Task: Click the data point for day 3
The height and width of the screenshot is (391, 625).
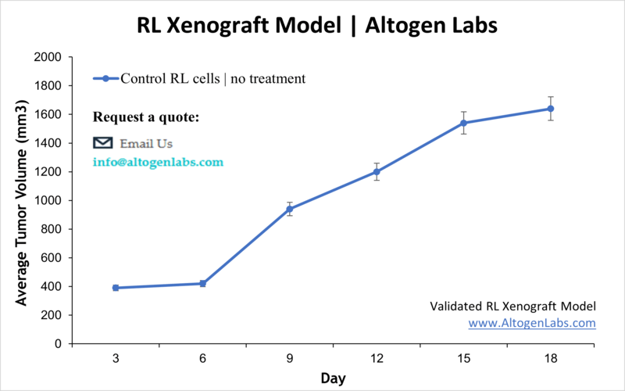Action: [x=116, y=288]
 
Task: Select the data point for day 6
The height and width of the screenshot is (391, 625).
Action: [x=202, y=283]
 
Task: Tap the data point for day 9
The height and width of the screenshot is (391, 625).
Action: [x=290, y=209]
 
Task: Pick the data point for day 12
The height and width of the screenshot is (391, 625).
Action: [x=377, y=171]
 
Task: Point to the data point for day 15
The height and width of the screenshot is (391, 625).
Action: [x=463, y=123]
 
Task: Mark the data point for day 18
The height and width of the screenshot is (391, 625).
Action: [x=551, y=109]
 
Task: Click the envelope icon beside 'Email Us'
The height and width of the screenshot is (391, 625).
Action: [x=103, y=143]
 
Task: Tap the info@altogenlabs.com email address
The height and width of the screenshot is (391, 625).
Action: [x=158, y=163]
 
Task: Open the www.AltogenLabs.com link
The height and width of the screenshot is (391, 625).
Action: [x=532, y=322]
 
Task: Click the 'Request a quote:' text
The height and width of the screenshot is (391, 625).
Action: [x=146, y=117]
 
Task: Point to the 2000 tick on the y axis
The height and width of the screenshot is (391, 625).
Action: [x=48, y=57]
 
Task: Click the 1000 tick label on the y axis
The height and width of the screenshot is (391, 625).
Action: [x=48, y=200]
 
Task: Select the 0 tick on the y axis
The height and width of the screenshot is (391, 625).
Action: [x=59, y=344]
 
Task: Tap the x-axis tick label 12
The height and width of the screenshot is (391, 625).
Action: [x=377, y=358]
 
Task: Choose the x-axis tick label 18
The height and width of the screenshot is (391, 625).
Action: [x=551, y=358]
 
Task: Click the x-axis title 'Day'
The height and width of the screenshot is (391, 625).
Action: [x=333, y=378]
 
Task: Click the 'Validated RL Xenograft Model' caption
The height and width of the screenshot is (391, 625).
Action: [x=513, y=306]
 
